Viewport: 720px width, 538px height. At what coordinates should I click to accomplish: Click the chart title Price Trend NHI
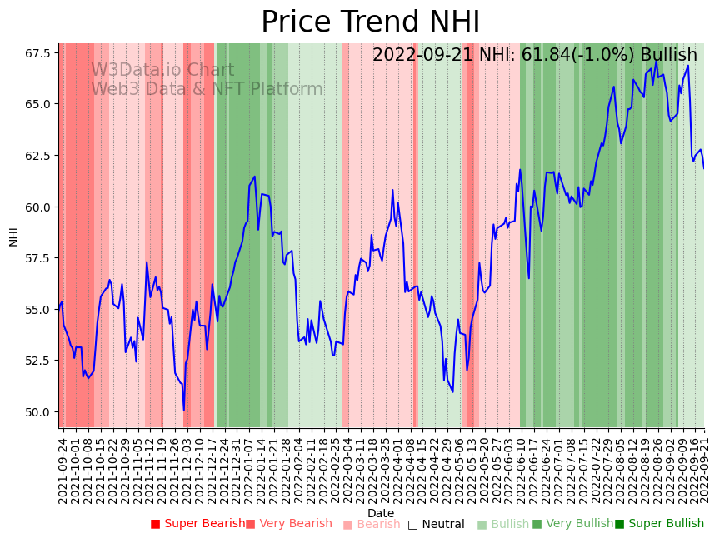click(x=370, y=22)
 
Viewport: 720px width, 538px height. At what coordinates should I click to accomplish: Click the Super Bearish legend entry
click(x=197, y=524)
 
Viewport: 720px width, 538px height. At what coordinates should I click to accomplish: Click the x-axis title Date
click(x=381, y=513)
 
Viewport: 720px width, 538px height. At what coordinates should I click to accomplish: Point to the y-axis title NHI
click(x=13, y=236)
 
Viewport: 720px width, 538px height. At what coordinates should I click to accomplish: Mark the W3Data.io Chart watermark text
click(x=162, y=70)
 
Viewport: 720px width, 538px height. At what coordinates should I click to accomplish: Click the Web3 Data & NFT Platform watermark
click(x=207, y=89)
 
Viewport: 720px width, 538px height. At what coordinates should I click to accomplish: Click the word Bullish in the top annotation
click(x=668, y=56)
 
